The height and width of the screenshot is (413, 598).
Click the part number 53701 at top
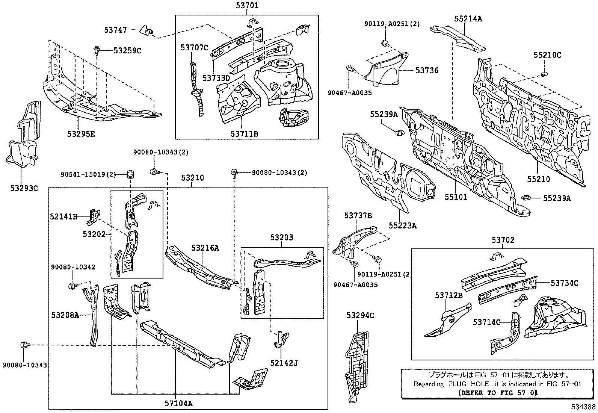(x=247, y=5)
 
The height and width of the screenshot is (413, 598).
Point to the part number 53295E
(x=81, y=133)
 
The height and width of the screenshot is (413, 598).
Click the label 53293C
(x=24, y=188)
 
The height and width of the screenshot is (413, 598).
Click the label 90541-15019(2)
(x=88, y=174)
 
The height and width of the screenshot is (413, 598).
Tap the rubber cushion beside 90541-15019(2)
(x=130, y=175)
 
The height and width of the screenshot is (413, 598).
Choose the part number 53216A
(x=205, y=248)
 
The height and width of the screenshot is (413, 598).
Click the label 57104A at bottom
(x=178, y=404)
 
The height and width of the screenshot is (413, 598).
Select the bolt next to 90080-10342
(x=72, y=286)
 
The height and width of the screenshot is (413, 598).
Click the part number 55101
(x=456, y=197)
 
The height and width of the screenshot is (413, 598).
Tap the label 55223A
(x=403, y=225)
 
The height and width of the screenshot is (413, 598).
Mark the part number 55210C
(x=547, y=55)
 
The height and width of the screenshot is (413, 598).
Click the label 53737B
(x=358, y=215)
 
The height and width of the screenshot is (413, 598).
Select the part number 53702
(x=503, y=240)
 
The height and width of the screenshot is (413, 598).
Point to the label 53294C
(x=360, y=316)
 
